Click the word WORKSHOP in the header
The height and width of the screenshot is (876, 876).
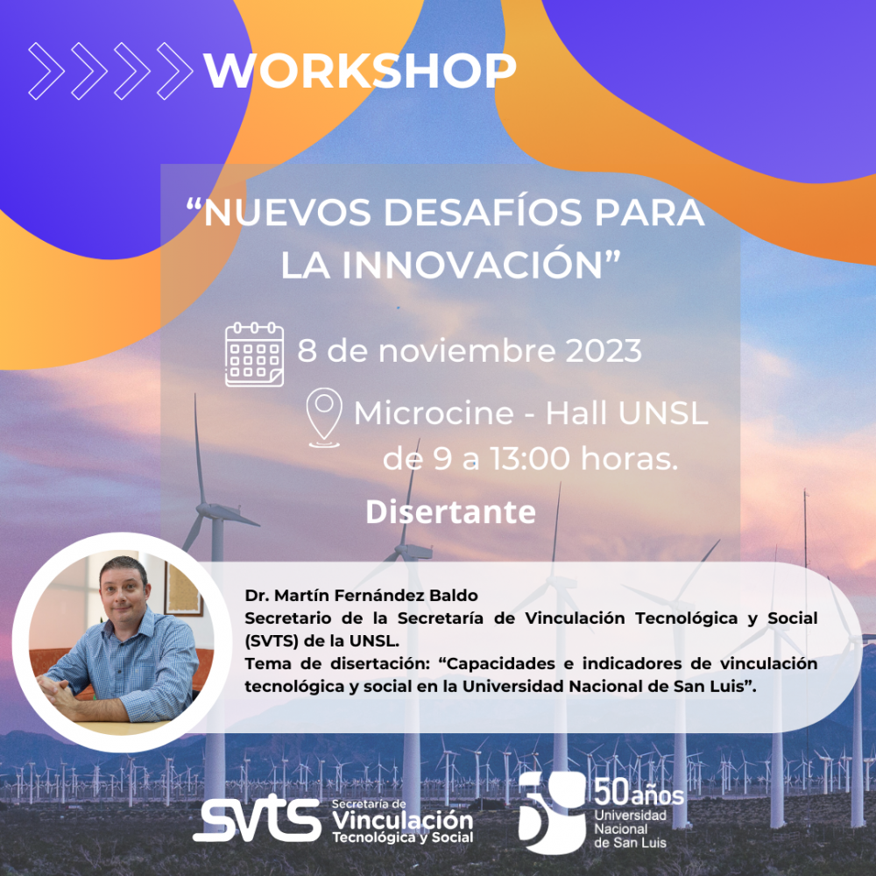[x=360, y=71]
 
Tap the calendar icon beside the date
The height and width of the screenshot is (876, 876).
[x=254, y=354]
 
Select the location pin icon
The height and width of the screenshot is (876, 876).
[x=325, y=417]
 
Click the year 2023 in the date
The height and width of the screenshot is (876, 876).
[x=604, y=351]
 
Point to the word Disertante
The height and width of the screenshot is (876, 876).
[x=451, y=512]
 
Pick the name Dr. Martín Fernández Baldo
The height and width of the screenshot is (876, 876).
[x=361, y=596]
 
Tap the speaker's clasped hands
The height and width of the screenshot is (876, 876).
[x=56, y=693]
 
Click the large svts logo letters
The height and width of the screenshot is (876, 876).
[x=257, y=820]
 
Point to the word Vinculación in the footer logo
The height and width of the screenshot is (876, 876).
[x=403, y=821]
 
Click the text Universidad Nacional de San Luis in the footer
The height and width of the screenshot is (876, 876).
[x=630, y=829]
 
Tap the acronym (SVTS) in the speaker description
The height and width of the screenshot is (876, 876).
[x=272, y=641]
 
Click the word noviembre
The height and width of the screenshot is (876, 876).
[x=467, y=351]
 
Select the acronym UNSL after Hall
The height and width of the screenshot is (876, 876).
[x=664, y=413]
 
